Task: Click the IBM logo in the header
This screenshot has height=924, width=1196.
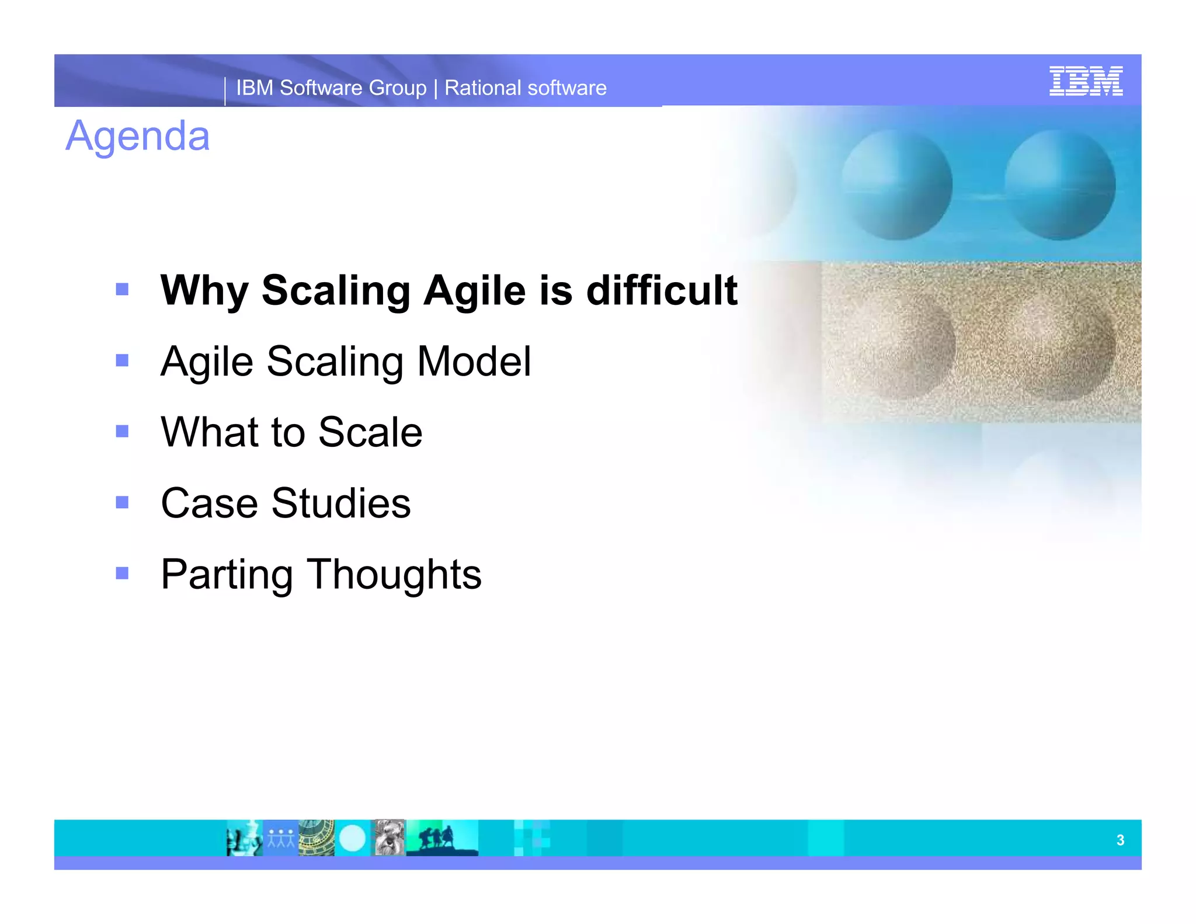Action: [1085, 81]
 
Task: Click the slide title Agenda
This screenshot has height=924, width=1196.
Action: [137, 136]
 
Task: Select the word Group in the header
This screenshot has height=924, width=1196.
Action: [397, 88]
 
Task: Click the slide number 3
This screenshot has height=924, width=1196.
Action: [1119, 840]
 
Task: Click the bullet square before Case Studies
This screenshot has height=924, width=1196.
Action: [122, 502]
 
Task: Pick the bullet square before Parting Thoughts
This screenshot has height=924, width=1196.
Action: [122, 573]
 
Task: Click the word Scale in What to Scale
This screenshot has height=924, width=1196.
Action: [370, 432]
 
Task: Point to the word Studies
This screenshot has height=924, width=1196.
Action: [340, 503]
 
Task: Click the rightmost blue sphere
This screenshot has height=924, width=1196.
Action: [1059, 185]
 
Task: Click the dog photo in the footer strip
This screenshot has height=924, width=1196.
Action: [389, 838]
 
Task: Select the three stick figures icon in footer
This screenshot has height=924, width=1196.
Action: [281, 838]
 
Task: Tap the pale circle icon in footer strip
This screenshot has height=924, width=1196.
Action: [352, 838]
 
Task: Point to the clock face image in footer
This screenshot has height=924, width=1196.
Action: [316, 838]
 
